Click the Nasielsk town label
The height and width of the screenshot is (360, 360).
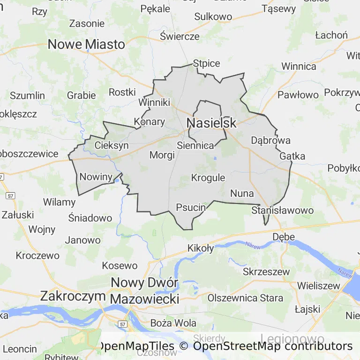point(211,123)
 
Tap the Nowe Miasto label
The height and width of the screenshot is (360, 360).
point(87,45)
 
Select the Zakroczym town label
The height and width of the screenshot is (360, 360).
point(73,296)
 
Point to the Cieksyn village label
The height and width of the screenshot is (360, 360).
point(112,145)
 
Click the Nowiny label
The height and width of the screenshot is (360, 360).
point(96,177)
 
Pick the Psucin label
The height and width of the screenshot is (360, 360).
point(191,207)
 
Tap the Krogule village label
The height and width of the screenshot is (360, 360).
point(208,178)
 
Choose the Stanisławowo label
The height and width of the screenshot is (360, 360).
point(282,210)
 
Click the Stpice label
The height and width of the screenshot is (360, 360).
point(207,63)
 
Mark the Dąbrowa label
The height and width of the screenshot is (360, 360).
point(271,140)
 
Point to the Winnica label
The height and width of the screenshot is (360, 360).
point(299,67)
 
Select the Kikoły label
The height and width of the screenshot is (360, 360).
point(201,248)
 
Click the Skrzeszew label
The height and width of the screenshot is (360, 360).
point(266,272)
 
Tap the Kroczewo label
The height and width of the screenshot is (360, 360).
point(37,255)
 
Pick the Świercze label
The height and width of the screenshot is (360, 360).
point(180,36)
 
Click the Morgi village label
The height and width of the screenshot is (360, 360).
point(162,155)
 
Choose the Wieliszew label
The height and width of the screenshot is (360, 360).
point(318,285)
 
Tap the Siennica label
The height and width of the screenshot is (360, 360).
point(195,145)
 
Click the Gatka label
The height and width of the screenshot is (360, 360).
point(292,156)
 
